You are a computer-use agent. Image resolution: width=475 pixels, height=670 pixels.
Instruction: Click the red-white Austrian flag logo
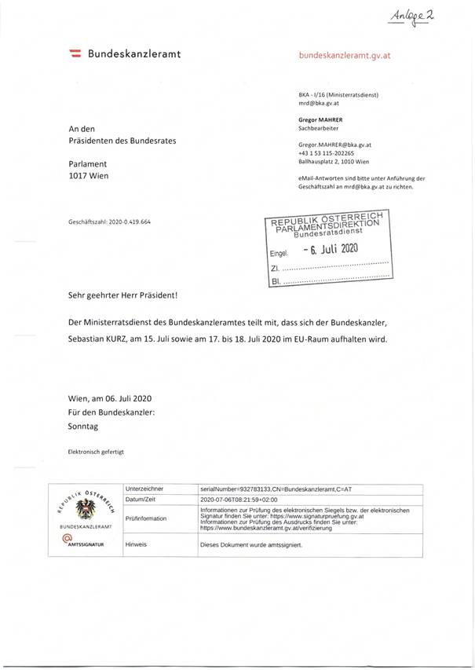(x=77, y=54)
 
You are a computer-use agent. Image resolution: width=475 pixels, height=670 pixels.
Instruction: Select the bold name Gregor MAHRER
(x=323, y=119)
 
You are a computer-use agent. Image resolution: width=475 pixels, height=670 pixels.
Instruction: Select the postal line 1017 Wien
(x=89, y=176)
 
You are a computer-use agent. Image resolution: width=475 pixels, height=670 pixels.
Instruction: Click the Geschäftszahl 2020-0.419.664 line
(x=109, y=222)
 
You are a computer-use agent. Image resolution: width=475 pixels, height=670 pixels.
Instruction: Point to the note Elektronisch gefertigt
(x=97, y=452)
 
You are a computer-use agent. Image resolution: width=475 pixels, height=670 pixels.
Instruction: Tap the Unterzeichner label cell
(x=143, y=488)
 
